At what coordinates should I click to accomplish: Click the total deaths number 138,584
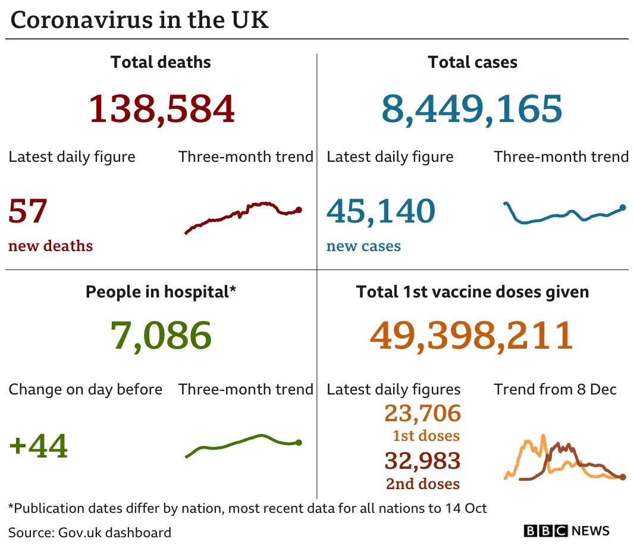[x=162, y=108]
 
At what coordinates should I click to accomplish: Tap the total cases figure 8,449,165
[x=472, y=108]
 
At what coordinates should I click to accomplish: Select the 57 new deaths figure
[x=28, y=211]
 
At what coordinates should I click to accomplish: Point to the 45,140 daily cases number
[x=381, y=211]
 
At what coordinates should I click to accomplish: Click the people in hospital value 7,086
[x=161, y=335]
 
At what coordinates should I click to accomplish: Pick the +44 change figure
[x=39, y=446]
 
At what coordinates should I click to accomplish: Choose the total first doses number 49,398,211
[x=472, y=335]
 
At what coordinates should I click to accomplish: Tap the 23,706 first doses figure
[x=423, y=413]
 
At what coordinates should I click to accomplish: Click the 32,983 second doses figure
[x=423, y=461]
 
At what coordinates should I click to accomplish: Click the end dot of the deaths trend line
[x=299, y=209]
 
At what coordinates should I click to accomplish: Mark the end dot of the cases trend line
[x=623, y=208]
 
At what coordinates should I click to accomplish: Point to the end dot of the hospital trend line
[x=299, y=443]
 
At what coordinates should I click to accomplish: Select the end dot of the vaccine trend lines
[x=623, y=477]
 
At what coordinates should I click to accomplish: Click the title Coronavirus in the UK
[x=140, y=20]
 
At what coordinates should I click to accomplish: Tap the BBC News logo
[x=566, y=530]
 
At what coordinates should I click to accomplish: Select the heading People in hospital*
[x=161, y=292]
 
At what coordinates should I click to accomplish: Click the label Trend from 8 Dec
[x=555, y=390]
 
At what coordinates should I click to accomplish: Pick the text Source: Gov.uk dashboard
[x=90, y=532]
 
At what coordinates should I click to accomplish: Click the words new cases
[x=363, y=246]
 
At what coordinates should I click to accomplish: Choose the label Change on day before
[x=86, y=390]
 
